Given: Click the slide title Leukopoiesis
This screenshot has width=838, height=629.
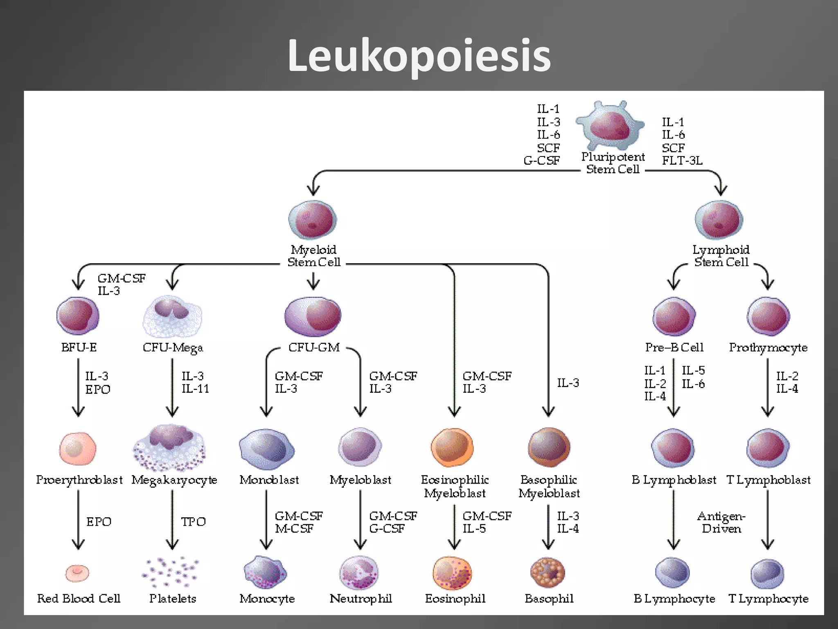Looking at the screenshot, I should click(419, 56).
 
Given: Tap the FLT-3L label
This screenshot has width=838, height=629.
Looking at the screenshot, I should click(682, 161).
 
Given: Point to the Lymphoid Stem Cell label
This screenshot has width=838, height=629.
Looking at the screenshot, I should click(721, 256).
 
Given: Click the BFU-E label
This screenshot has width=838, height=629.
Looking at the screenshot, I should click(79, 347).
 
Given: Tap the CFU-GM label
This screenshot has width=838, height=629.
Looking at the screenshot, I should click(314, 347).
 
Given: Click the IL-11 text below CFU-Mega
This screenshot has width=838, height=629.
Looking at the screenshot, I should click(195, 389).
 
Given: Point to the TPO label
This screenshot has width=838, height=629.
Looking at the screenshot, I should click(193, 522).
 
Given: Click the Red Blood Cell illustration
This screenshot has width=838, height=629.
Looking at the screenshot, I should click(77, 573).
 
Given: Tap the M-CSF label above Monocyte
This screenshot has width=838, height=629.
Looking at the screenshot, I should click(294, 529).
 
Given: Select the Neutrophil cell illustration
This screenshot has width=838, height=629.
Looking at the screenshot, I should click(359, 573).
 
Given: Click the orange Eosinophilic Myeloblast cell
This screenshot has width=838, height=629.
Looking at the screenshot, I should click(452, 448).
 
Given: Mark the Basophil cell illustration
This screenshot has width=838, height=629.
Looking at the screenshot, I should click(547, 572).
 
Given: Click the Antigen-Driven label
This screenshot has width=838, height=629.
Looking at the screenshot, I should click(721, 522).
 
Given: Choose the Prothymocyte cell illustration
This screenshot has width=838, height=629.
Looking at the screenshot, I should click(768, 317).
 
